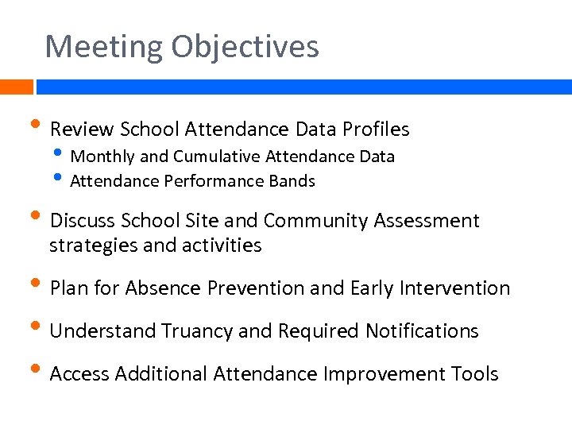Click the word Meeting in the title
point(93,47)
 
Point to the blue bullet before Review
point(37,126)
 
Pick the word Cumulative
point(217,157)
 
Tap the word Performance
point(214,181)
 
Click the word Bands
point(292,181)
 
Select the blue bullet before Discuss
point(37,217)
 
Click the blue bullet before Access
point(37,370)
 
